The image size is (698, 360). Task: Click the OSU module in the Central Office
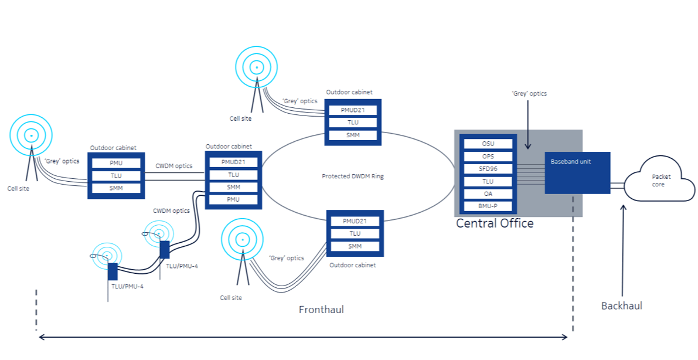pyautogui.click(x=488, y=144)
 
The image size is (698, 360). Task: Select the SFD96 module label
pyautogui.click(x=488, y=169)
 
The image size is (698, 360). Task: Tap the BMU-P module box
pyautogui.click(x=488, y=206)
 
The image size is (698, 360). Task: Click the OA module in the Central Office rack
pyautogui.click(x=488, y=194)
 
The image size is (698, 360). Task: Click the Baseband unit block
pyautogui.click(x=577, y=173)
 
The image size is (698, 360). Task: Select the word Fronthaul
pyautogui.click(x=321, y=310)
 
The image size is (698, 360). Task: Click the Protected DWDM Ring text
pyautogui.click(x=353, y=176)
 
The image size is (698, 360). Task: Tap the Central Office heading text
pyautogui.click(x=495, y=223)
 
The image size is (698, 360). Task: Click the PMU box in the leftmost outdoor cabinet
pyautogui.click(x=116, y=163)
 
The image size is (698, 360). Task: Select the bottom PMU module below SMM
pyautogui.click(x=233, y=200)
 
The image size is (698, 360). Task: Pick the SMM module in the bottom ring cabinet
pyautogui.click(x=355, y=246)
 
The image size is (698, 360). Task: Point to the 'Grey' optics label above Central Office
pyautogui.click(x=529, y=93)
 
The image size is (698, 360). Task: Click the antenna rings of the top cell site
pyautogui.click(x=256, y=68)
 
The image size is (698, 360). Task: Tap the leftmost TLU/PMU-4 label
pyautogui.click(x=127, y=286)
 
